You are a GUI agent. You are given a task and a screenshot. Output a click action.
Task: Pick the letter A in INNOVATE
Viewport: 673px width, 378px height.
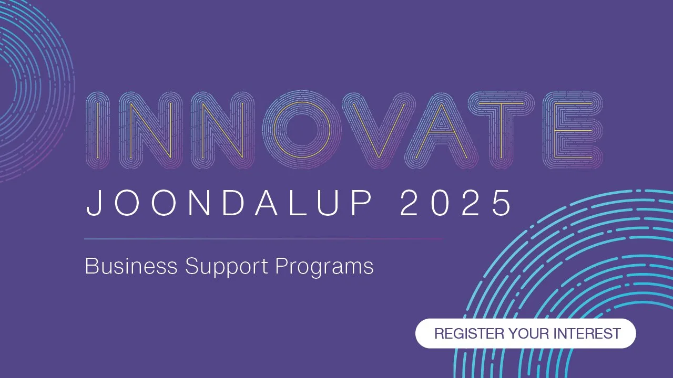point(441,130)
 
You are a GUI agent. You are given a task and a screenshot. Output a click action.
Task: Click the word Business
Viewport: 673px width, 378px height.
point(131,266)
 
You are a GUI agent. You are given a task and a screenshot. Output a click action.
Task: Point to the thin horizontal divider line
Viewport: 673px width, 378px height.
point(263,239)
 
